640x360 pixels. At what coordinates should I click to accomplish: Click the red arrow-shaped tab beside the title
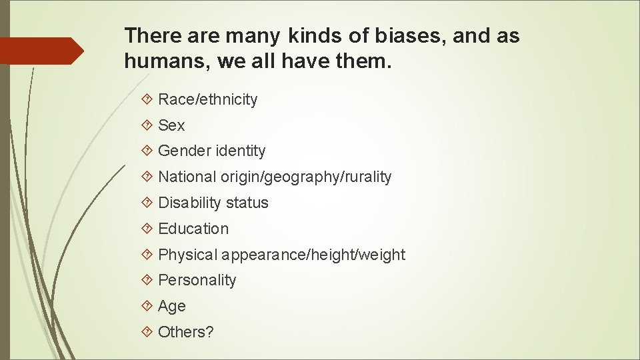point(41,51)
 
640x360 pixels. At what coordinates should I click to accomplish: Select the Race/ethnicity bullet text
point(207,99)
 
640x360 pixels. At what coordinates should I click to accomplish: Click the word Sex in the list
point(171,125)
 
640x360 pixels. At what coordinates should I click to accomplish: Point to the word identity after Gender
point(240,151)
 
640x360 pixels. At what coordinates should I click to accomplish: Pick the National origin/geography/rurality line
point(275,177)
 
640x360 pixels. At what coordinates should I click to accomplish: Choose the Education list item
point(193,229)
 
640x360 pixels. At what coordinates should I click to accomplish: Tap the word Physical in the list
point(188,255)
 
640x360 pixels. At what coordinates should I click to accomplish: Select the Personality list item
point(197,280)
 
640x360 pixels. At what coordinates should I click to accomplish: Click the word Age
point(172,306)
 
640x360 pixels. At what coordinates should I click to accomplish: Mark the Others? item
point(186,332)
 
